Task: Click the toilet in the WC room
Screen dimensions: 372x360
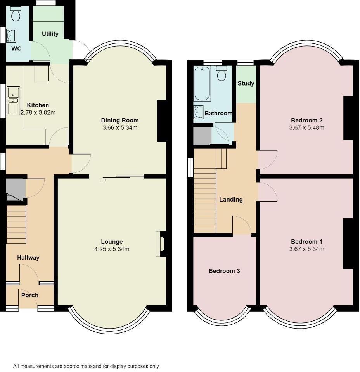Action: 16,15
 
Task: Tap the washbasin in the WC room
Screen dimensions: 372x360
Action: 11,36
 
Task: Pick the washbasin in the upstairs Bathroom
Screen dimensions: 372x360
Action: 198,112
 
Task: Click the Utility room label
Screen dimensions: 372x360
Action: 50,34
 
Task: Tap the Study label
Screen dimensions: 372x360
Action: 246,83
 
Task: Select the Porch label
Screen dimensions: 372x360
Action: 30,295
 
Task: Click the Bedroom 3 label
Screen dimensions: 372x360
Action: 224,271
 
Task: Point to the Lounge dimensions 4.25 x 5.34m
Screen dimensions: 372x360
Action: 112,249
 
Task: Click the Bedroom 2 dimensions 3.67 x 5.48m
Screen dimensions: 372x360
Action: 306,127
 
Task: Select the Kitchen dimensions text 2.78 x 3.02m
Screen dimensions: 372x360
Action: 38,113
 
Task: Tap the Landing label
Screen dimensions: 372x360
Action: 231,200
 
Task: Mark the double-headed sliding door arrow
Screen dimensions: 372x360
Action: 102,180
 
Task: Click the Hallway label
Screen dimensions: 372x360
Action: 28,258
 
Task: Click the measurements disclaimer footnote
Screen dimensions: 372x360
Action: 86,366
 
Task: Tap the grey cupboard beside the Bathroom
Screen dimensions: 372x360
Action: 202,136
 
